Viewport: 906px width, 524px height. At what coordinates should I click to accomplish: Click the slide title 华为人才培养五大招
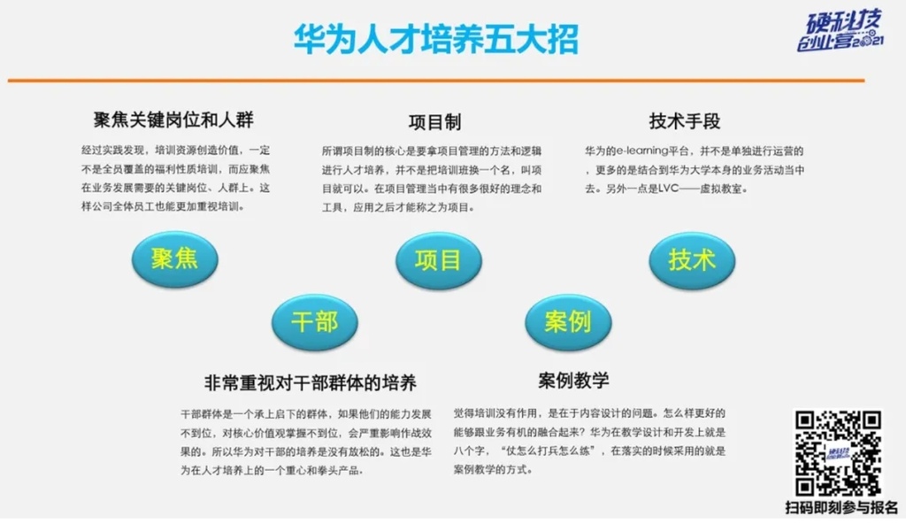click(x=435, y=39)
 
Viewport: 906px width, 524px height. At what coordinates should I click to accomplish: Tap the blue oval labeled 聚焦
click(x=174, y=259)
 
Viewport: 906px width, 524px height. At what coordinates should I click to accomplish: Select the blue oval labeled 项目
click(x=439, y=260)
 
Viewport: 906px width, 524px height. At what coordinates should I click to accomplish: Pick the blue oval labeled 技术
click(x=692, y=260)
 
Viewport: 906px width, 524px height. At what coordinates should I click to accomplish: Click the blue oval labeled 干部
click(x=315, y=322)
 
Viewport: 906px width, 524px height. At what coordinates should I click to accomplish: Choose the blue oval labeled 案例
click(x=568, y=322)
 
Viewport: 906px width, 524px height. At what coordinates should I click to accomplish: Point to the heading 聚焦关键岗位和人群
click(x=173, y=119)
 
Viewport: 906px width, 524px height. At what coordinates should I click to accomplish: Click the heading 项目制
click(x=434, y=122)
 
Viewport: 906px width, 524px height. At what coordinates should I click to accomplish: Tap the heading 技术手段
click(x=685, y=121)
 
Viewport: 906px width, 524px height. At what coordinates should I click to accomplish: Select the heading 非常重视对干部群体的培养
click(x=311, y=382)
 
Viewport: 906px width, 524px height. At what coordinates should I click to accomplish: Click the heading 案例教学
click(x=573, y=380)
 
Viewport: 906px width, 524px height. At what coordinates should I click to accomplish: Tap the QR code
click(x=838, y=453)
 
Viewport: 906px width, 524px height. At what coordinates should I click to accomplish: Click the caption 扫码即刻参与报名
click(x=842, y=508)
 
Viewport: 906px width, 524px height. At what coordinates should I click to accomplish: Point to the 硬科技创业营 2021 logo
click(x=841, y=30)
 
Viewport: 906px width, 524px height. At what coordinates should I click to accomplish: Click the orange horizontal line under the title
click(x=436, y=81)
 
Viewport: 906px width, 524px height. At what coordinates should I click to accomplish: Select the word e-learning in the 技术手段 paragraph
click(x=642, y=151)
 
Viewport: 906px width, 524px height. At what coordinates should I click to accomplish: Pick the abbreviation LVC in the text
click(x=669, y=189)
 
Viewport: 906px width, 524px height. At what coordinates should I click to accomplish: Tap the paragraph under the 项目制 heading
click(x=432, y=180)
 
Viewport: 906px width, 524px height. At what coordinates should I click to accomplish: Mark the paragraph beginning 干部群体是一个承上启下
click(x=306, y=443)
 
